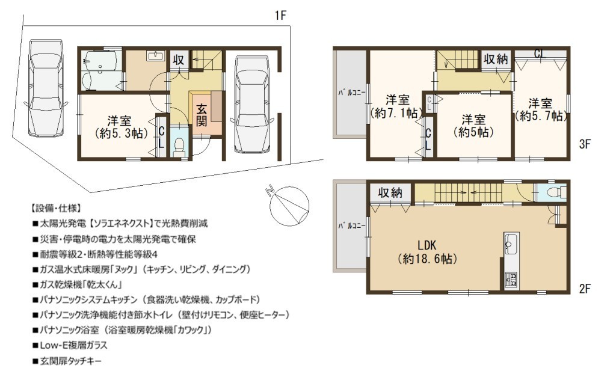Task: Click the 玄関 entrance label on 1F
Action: (202, 115)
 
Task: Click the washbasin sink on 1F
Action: (156, 56)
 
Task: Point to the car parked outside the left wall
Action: (45, 88)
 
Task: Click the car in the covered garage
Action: (252, 105)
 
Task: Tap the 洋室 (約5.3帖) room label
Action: (120, 127)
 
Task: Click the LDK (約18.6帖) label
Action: (427, 252)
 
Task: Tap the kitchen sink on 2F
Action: (511, 244)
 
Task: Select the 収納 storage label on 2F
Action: (390, 192)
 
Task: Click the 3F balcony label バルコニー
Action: (352, 93)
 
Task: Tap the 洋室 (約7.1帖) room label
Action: (397, 106)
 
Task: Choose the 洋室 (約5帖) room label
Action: (473, 126)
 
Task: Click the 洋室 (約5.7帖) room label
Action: (541, 109)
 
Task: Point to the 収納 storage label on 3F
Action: (496, 60)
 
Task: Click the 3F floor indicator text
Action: (585, 144)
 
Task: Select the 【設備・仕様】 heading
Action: (55, 208)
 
